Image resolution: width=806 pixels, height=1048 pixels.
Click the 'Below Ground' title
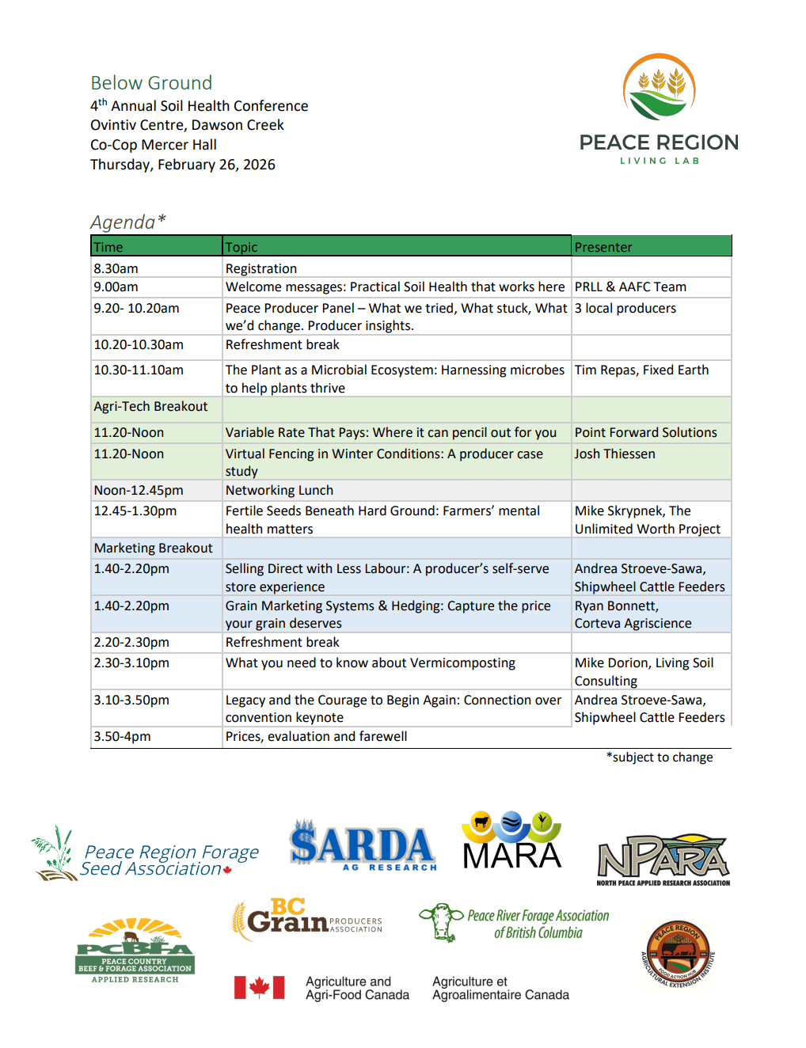(x=151, y=83)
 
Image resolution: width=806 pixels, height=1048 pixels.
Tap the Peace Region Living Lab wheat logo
(x=659, y=88)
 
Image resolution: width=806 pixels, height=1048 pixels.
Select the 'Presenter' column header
(x=603, y=247)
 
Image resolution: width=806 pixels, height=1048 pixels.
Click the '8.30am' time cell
(x=116, y=268)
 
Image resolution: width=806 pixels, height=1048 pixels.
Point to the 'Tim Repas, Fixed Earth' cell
(x=641, y=370)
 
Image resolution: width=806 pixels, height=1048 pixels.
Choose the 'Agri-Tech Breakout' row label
(x=150, y=407)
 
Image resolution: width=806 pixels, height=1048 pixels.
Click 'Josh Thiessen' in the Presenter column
(x=614, y=454)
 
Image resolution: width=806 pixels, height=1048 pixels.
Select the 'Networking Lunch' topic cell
(x=279, y=490)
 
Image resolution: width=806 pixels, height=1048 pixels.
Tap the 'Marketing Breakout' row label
(x=153, y=548)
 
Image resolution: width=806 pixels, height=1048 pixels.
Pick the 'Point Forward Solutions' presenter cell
(x=645, y=432)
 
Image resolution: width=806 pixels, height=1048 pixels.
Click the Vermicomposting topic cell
(x=370, y=663)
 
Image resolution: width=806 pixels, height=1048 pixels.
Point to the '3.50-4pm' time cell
(x=122, y=736)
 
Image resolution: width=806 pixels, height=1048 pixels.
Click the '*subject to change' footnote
(x=660, y=758)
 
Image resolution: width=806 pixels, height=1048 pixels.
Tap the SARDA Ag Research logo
(x=363, y=846)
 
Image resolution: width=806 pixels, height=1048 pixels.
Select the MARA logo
(x=511, y=841)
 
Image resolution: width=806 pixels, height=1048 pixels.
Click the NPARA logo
(x=663, y=860)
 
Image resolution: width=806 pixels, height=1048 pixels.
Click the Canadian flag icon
(x=259, y=987)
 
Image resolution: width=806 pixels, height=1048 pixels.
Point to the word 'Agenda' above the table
(x=123, y=222)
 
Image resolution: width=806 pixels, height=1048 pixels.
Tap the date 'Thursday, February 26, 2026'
(x=183, y=165)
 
